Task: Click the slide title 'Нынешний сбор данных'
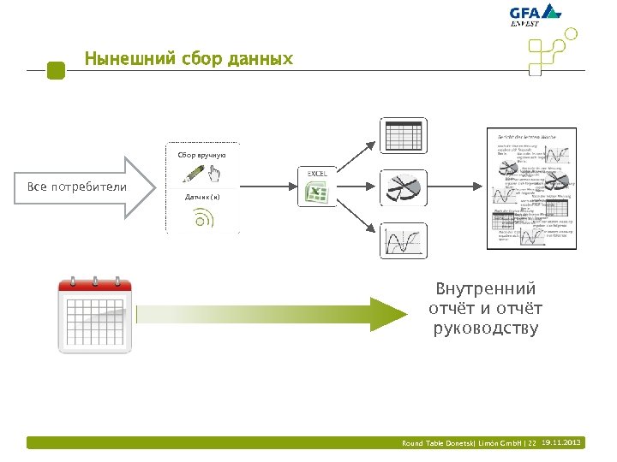(x=189, y=59)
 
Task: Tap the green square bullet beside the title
(x=56, y=70)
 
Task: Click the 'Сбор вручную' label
(x=201, y=155)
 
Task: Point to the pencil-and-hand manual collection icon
(x=202, y=173)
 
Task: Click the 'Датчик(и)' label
(x=202, y=198)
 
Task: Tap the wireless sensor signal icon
(x=202, y=219)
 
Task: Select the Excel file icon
(x=316, y=187)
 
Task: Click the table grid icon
(x=403, y=135)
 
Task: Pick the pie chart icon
(x=403, y=188)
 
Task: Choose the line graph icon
(x=403, y=240)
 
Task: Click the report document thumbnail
(x=532, y=189)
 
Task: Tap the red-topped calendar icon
(x=94, y=315)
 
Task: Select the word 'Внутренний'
(x=486, y=288)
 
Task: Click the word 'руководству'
(x=486, y=329)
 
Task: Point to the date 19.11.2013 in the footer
(x=561, y=442)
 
